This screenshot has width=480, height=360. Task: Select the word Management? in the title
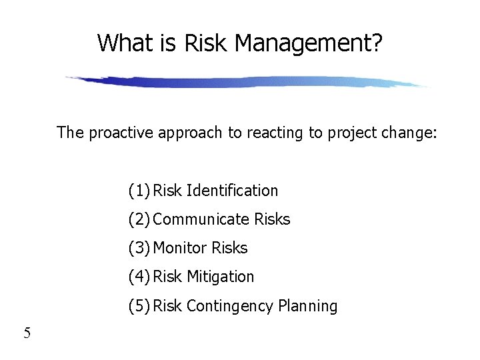click(309, 44)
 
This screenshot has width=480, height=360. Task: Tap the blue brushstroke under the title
click(247, 82)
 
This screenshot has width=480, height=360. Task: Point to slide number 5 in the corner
click(27, 333)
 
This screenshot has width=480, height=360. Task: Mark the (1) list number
click(139, 191)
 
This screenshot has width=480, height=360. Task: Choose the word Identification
click(232, 191)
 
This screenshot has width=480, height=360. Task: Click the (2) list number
click(139, 219)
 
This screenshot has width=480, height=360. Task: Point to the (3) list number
click(139, 248)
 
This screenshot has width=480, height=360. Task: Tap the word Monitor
click(180, 248)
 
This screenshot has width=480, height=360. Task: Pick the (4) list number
click(139, 277)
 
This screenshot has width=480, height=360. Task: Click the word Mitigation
click(221, 277)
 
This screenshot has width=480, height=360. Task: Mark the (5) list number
click(139, 306)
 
